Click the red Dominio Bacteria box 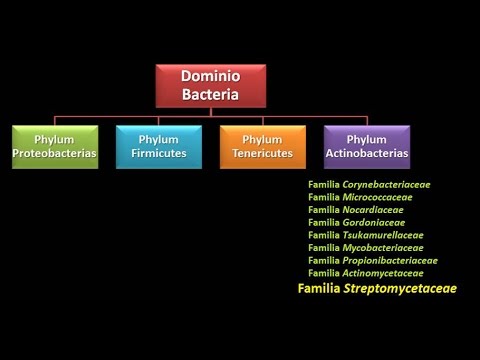(x=211, y=86)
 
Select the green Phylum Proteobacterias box (x=55, y=146)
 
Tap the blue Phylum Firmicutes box (x=159, y=146)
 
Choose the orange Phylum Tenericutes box (x=263, y=146)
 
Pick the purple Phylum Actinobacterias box (x=367, y=146)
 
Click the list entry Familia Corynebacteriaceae (x=369, y=185)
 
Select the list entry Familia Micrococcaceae (x=360, y=197)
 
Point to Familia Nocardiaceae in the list (x=356, y=210)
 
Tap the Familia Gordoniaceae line (x=356, y=222)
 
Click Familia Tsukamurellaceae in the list (x=365, y=235)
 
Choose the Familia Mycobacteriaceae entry (x=366, y=247)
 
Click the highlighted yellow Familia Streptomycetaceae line (x=377, y=288)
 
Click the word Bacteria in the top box (x=211, y=95)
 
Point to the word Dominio (x=211, y=76)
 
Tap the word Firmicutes (x=159, y=153)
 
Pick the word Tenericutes (x=263, y=153)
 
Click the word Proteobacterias (x=55, y=153)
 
